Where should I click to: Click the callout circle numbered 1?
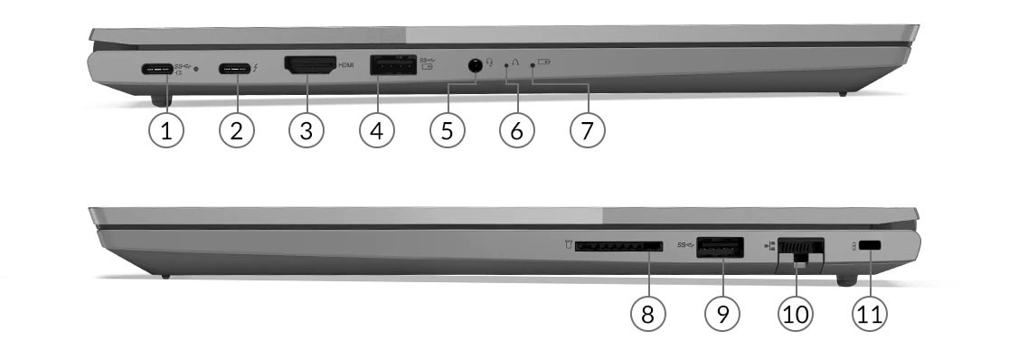(x=165, y=130)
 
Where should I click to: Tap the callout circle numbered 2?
(x=236, y=130)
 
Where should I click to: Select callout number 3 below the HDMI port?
(x=306, y=130)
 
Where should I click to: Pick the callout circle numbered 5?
(x=447, y=130)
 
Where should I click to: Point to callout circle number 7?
(x=587, y=130)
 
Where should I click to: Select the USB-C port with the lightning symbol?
(x=236, y=67)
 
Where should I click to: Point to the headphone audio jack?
(x=474, y=65)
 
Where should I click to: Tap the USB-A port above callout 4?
(x=391, y=65)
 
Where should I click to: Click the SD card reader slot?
(x=618, y=246)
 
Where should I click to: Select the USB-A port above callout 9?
(x=720, y=245)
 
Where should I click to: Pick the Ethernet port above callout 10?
(x=801, y=247)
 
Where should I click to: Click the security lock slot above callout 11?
(x=872, y=246)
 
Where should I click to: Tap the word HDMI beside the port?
(x=345, y=65)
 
